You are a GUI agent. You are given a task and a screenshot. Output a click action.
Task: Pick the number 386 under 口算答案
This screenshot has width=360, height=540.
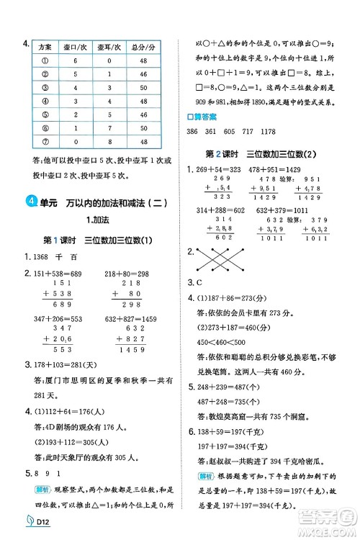(x=192, y=132)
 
